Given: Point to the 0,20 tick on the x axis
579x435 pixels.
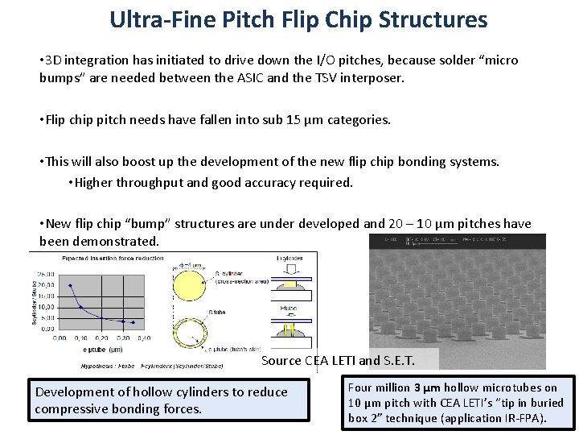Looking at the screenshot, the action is click(102, 337).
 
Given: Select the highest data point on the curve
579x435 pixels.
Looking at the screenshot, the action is click(70, 284).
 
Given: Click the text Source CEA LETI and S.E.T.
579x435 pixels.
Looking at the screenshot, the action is click(349, 360).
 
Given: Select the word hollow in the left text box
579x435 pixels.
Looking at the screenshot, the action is click(146, 391).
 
